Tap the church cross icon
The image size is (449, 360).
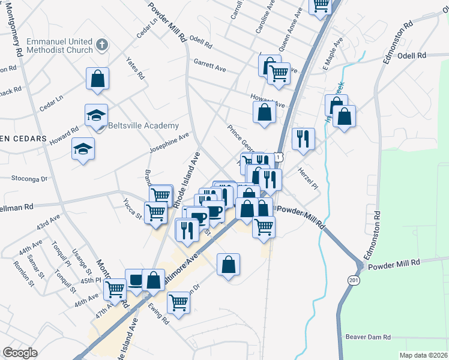(102, 44)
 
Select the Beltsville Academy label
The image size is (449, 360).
(143, 125)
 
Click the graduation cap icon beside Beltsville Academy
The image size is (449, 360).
(95, 115)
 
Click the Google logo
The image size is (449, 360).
(20, 353)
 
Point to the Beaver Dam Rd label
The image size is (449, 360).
(368, 337)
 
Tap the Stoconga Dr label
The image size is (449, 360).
(29, 178)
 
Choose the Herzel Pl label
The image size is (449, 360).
(308, 179)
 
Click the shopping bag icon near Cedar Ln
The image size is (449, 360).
(97, 79)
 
